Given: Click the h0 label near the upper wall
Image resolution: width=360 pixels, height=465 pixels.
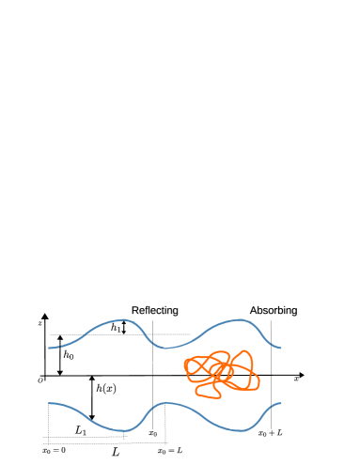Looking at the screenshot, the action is click(69, 354).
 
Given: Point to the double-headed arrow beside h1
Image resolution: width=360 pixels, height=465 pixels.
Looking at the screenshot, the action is click(124, 329).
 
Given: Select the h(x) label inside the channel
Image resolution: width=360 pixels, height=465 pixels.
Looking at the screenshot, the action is click(105, 388).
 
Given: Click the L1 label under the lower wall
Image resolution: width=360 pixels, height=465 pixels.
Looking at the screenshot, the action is click(81, 430).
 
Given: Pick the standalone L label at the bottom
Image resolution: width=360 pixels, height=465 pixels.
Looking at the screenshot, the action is click(116, 452).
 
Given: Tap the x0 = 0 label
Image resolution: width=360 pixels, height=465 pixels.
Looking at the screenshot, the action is click(54, 451).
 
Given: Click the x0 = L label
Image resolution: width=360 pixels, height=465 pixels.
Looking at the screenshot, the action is click(169, 451).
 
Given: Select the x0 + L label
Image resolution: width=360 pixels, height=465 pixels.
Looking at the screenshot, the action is click(271, 433).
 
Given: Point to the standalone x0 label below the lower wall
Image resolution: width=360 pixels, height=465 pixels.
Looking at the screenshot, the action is click(153, 433).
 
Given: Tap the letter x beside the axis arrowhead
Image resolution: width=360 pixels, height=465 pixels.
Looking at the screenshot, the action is click(296, 380).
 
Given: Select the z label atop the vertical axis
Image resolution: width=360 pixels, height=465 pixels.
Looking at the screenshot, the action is click(40, 323).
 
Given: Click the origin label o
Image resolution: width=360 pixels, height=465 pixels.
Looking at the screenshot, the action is click(40, 380).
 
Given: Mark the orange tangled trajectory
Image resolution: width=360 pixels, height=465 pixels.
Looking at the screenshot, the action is click(222, 373).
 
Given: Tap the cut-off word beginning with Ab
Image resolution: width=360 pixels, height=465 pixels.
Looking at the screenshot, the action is click(258, 310).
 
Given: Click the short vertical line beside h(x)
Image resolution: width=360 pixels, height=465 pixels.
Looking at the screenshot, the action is click(92, 402).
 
